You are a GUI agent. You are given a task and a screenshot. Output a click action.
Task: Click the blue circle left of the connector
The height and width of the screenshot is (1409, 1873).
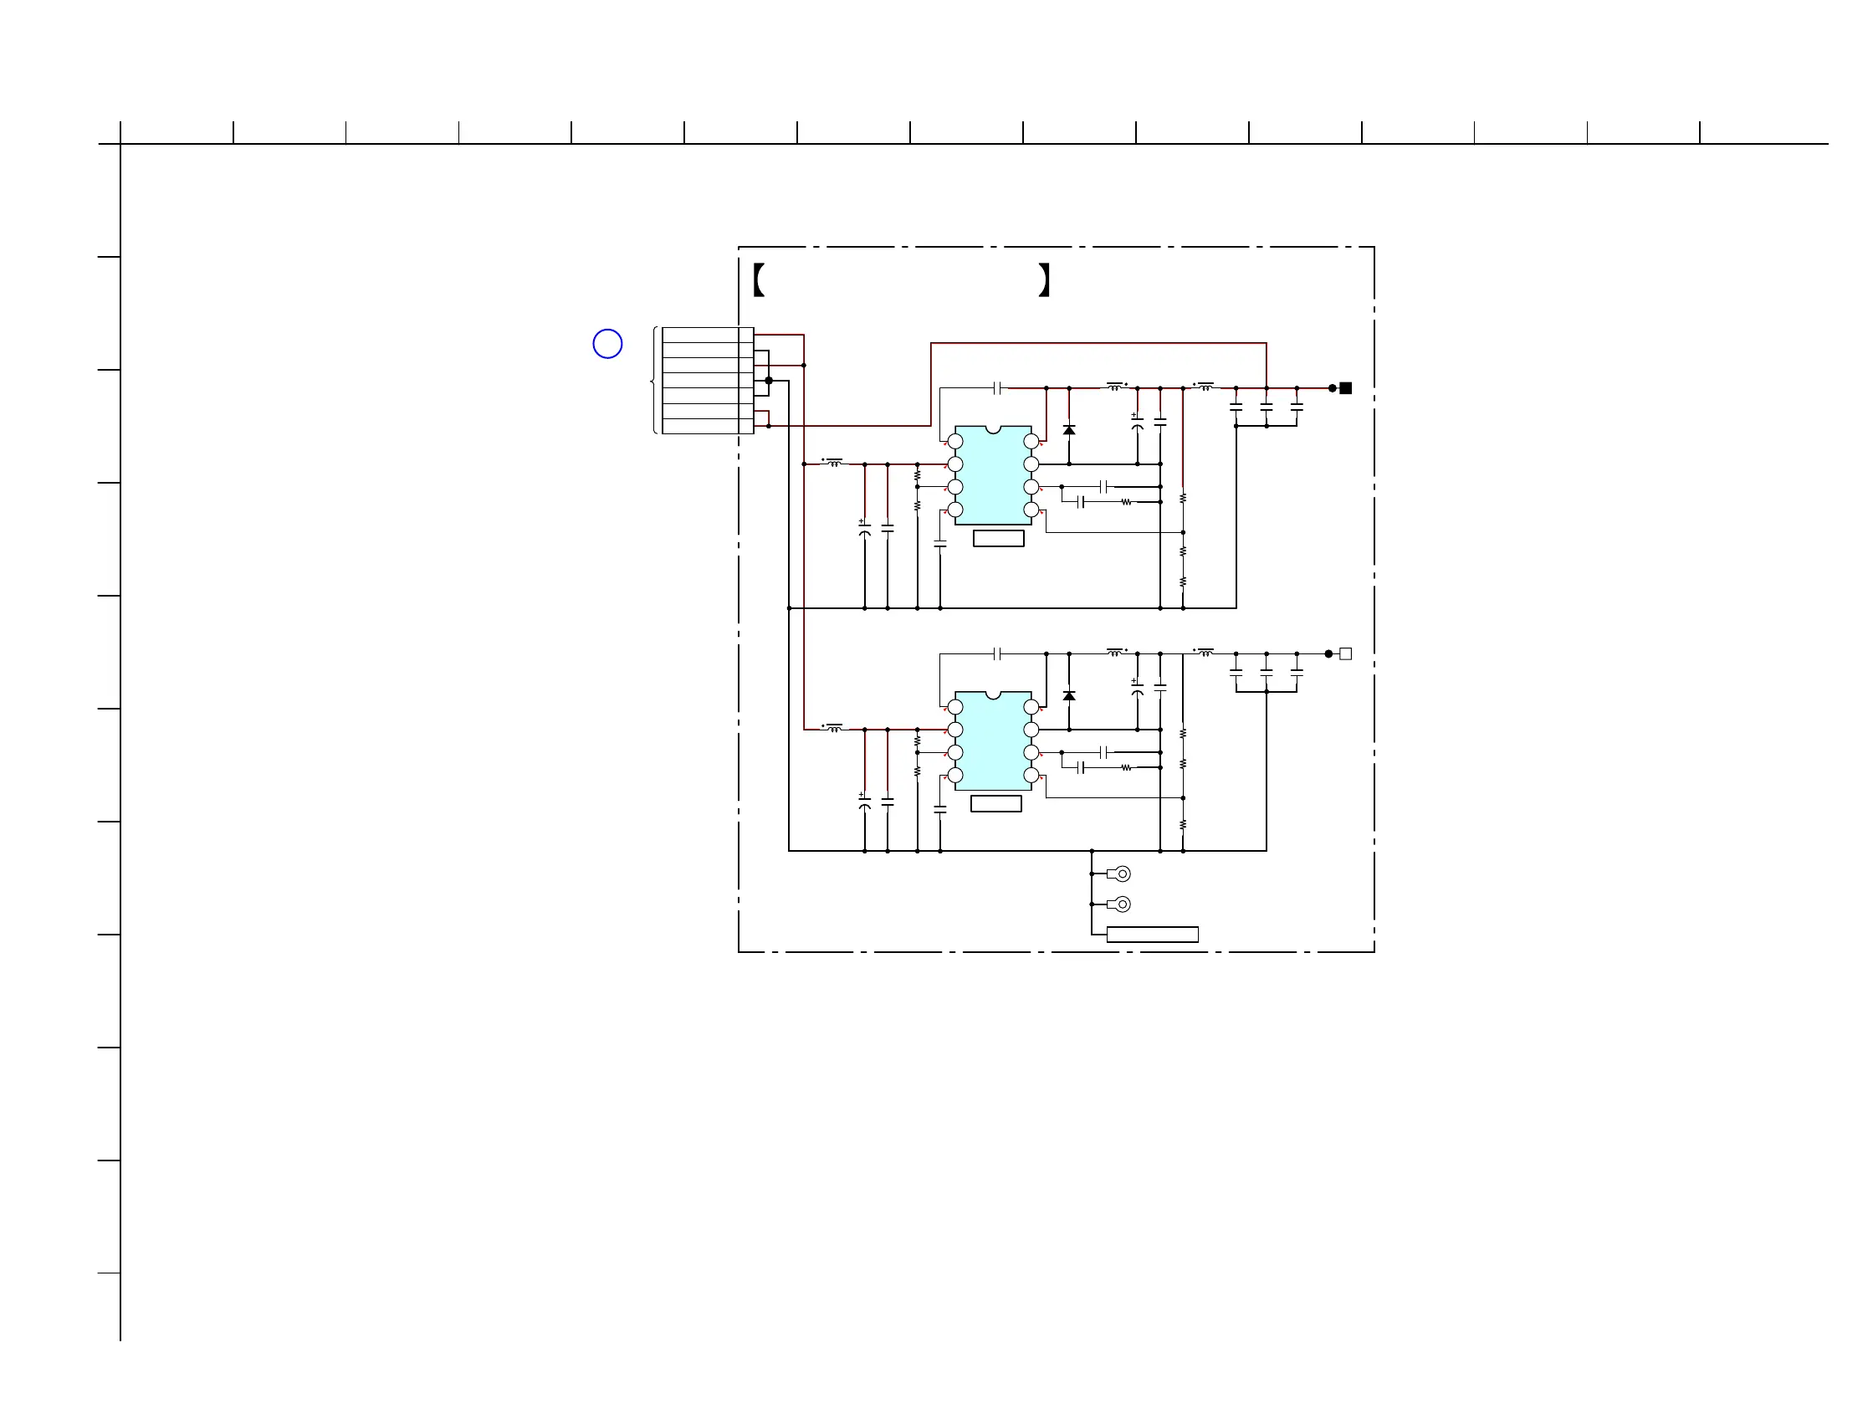click(x=607, y=344)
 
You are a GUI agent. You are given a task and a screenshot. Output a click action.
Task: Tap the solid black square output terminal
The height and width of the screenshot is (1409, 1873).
click(x=1345, y=388)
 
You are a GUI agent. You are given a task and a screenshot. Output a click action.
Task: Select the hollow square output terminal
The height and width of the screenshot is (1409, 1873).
click(x=1345, y=653)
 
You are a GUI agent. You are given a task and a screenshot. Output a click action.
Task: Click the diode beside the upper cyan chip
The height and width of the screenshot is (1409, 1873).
click(x=1069, y=430)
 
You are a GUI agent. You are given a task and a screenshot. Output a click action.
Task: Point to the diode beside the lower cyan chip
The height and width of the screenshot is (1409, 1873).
click(x=1069, y=695)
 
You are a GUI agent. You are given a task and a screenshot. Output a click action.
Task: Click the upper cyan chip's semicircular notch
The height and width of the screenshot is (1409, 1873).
click(x=993, y=429)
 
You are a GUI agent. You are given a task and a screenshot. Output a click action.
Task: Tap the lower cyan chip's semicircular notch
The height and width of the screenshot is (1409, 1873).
click(x=993, y=694)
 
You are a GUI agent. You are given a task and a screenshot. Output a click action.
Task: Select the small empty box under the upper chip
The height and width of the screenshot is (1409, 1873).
click(x=998, y=539)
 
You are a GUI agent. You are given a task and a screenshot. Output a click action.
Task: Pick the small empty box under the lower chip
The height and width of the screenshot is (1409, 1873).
click(x=995, y=803)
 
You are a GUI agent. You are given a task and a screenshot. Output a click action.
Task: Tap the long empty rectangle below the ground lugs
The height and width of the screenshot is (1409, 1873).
click(x=1153, y=934)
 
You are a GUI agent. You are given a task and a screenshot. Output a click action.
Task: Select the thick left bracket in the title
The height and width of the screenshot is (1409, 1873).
click(x=759, y=279)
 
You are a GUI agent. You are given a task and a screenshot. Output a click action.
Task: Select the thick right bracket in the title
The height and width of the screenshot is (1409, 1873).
click(x=1045, y=279)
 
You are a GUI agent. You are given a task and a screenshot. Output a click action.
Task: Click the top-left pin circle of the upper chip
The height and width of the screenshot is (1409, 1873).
click(x=955, y=441)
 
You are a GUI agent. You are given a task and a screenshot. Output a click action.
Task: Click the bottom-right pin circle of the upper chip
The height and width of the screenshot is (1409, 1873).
click(x=1031, y=510)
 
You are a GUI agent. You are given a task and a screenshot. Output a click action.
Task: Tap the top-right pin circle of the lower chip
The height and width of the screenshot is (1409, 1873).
click(x=1031, y=707)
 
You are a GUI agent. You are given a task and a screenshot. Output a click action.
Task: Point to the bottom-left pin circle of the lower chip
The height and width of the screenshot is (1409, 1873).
click(x=955, y=775)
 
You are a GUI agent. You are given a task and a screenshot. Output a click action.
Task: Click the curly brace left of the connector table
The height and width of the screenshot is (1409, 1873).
click(x=654, y=381)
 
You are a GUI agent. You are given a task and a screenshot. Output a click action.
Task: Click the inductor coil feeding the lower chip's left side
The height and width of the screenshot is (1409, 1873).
click(x=835, y=728)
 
